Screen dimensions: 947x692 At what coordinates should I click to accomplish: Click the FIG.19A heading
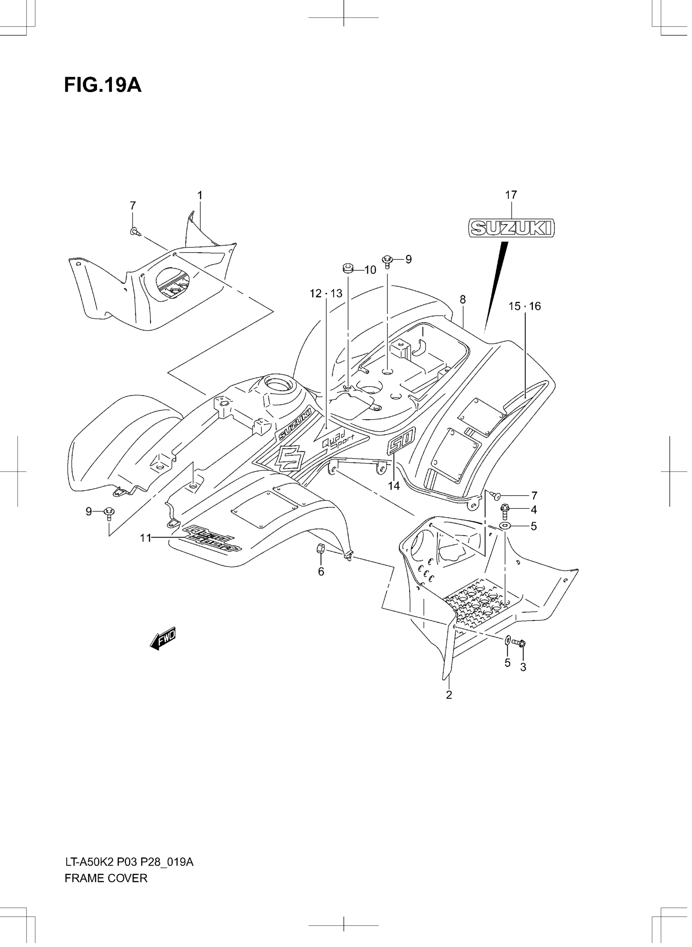[103, 85]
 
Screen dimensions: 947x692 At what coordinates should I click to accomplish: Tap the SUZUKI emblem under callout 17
[511, 228]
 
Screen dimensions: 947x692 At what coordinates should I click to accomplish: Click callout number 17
[511, 195]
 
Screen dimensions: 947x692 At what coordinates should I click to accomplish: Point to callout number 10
[370, 270]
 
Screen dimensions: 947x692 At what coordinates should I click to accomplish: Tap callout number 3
[523, 667]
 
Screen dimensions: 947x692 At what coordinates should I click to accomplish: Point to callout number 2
[449, 695]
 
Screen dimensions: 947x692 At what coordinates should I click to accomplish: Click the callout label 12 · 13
[326, 293]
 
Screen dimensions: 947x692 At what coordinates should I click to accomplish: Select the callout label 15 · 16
[524, 306]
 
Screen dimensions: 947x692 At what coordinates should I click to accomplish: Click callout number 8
[462, 300]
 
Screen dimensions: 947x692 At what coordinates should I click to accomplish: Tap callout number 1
[200, 195]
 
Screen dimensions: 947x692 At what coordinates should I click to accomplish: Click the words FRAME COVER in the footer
[106, 878]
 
